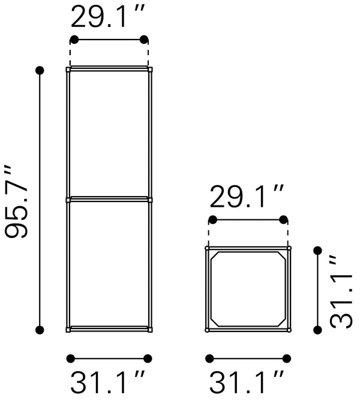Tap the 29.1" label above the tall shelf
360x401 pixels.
[108, 16]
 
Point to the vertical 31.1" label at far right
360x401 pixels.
[341, 291]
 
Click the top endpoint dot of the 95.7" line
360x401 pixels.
[40, 70]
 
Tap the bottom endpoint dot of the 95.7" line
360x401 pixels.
[40, 330]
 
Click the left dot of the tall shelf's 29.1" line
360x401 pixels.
[74, 40]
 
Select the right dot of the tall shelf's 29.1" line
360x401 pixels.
[144, 40]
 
